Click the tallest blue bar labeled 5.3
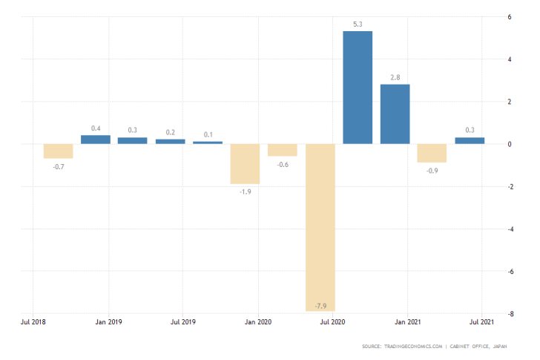point(358,87)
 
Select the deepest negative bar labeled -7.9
point(320,227)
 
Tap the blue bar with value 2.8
point(395,114)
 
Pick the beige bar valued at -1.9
point(245,163)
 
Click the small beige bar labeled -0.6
point(283,150)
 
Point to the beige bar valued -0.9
point(432,153)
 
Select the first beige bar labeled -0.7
point(59,151)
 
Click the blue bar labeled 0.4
point(96,140)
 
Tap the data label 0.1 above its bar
point(208,134)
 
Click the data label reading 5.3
point(358,24)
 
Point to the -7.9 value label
point(320,306)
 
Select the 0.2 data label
point(171,132)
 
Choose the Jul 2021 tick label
point(482,323)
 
